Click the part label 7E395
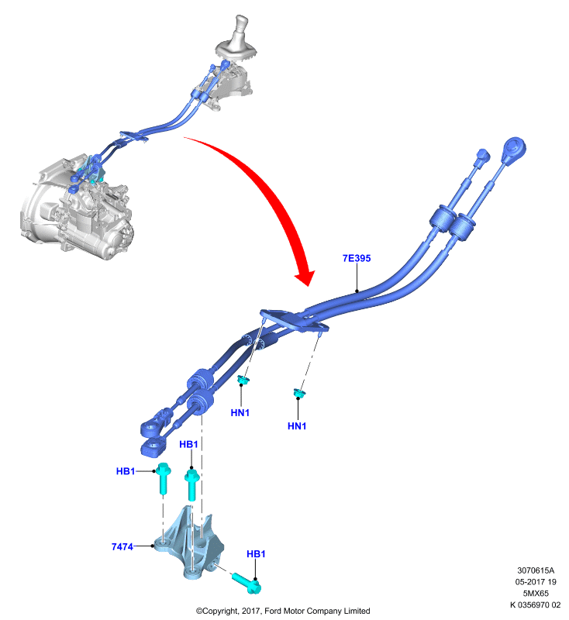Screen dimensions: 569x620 (357, 258)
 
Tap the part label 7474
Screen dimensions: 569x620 (122, 546)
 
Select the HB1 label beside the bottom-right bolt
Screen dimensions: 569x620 (256, 554)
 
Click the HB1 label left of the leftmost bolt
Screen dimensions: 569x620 (126, 471)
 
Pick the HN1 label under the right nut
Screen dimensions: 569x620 (297, 425)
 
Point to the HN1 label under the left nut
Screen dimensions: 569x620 (240, 412)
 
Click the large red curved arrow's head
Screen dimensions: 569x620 (305, 277)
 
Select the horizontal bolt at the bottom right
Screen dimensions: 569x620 (246, 584)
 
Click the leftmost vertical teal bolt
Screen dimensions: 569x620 (163, 478)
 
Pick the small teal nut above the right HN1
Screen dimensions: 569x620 (299, 393)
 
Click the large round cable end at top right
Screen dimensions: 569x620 (515, 149)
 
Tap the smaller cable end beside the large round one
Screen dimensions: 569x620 (482, 156)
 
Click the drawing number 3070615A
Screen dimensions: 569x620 (536, 570)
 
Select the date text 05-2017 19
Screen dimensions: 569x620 (536, 582)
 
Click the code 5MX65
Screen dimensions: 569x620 (536, 593)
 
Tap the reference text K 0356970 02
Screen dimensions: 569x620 (535, 604)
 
